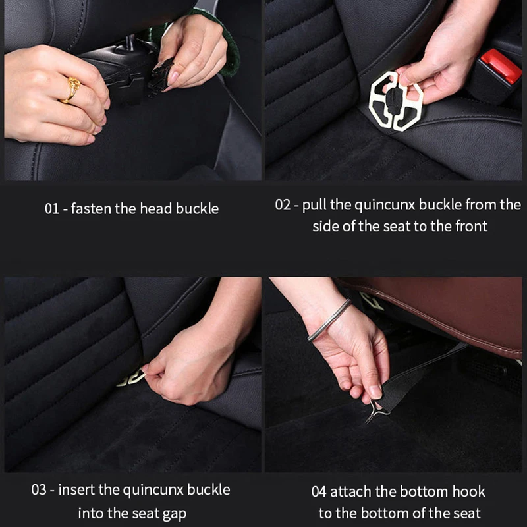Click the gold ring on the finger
pyautogui.click(x=72, y=89)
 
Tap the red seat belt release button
pyautogui.click(x=501, y=66)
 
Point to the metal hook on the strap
pyautogui.click(x=375, y=410)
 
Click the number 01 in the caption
pyautogui.click(x=52, y=209)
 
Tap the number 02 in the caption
pyautogui.click(x=283, y=205)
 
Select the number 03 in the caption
pyautogui.click(x=39, y=489)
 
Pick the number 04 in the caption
pyautogui.click(x=319, y=491)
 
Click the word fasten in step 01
pyautogui.click(x=91, y=208)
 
